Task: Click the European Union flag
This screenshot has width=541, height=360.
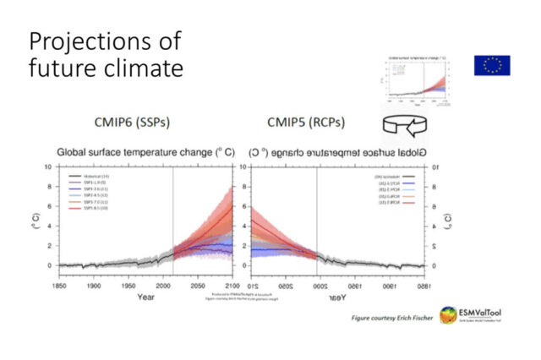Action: click(492, 64)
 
